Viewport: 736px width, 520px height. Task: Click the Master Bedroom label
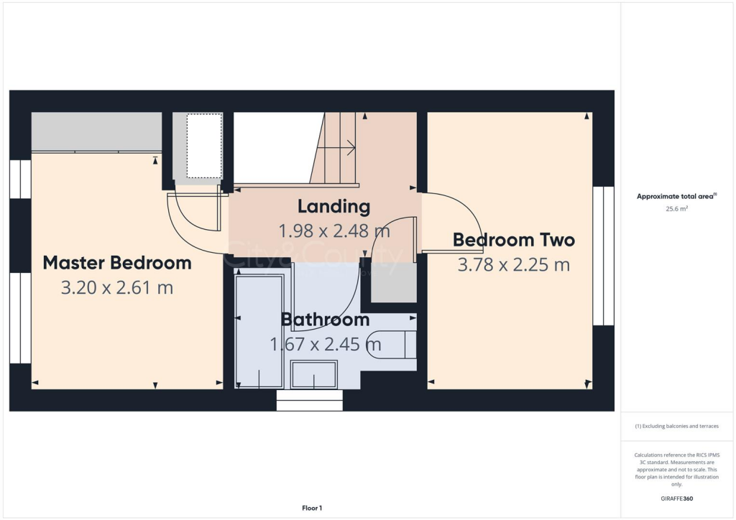(117, 263)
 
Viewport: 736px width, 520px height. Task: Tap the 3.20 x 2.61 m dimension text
(117, 288)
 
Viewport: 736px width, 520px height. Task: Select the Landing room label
(333, 207)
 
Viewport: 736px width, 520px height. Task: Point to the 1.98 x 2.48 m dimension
(333, 231)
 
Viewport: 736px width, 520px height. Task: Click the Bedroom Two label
(513, 240)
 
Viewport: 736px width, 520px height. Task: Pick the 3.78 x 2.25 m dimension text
(513, 265)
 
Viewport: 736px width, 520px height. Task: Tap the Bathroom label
(325, 320)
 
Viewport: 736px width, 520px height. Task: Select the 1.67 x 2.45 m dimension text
(325, 344)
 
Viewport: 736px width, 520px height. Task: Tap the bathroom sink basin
(313, 374)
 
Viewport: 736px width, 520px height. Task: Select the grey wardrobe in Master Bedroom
(96, 131)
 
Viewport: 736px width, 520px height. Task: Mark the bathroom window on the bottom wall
(310, 400)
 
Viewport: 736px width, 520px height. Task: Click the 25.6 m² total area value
(677, 209)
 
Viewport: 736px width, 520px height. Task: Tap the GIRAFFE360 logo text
(677, 498)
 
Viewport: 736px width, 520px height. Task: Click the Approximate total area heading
(677, 196)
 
